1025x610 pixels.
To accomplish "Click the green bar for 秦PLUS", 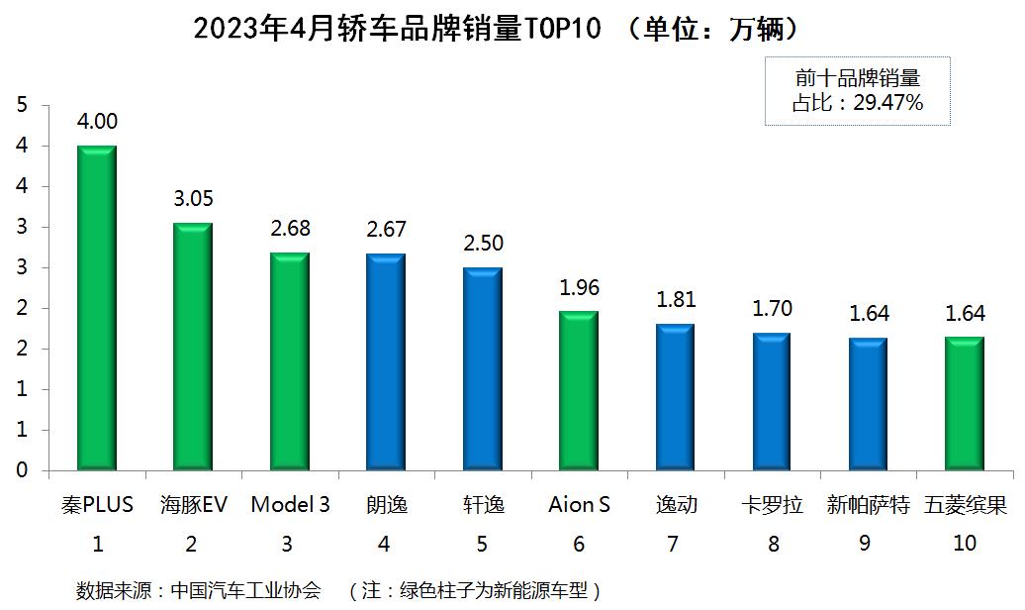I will coord(97,308).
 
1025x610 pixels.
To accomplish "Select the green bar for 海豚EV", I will coord(193,347).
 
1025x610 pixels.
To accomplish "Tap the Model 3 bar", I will coord(290,361).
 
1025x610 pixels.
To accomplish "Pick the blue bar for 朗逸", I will coord(386,361).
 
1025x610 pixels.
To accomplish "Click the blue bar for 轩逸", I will coord(483,368).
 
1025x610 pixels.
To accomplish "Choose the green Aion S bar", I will coord(579,390).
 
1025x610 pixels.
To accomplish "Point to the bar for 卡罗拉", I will coord(772,401).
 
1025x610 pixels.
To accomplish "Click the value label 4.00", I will coord(97,122).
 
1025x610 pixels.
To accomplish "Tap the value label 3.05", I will coord(193,199).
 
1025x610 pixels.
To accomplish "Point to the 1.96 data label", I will coord(579,288).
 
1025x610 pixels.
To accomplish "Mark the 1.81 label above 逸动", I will coord(676,300).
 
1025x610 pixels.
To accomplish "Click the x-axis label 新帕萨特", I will coord(868,506).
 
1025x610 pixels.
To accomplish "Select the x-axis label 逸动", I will coord(676,506).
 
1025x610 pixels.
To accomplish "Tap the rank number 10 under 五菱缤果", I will coord(964,544).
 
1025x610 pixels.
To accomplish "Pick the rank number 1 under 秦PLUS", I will coord(97,544).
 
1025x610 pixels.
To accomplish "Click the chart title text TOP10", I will coord(563,29).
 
